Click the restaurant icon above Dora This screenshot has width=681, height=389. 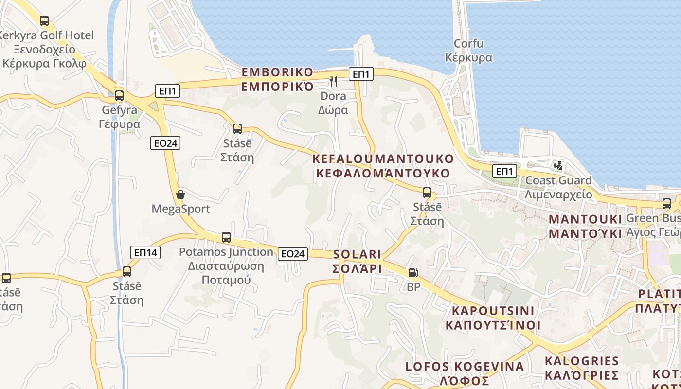[x=333, y=81]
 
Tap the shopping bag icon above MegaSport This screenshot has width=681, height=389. [x=180, y=195]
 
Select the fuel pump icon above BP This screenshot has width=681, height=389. [x=413, y=273]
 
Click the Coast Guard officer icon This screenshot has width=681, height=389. [x=558, y=166]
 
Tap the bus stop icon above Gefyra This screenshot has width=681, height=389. [x=119, y=96]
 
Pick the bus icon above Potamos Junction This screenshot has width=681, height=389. [x=226, y=237]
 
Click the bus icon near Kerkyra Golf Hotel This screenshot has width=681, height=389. [x=44, y=21]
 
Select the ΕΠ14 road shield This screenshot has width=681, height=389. [x=145, y=252]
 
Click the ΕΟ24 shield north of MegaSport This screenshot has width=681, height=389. [x=165, y=143]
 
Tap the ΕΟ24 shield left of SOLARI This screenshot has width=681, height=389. [x=293, y=253]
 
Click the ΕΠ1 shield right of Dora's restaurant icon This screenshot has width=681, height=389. [x=361, y=74]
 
